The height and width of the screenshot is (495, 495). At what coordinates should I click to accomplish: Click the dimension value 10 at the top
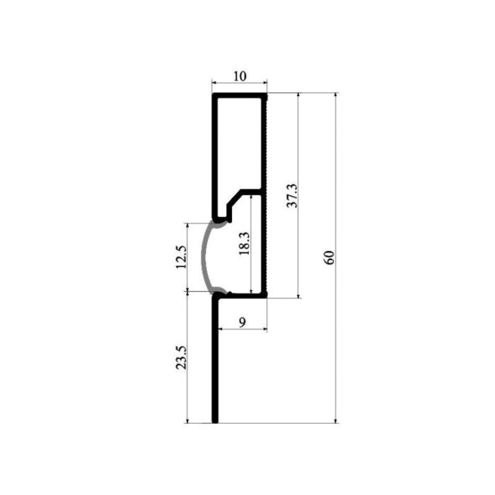pyautogui.click(x=240, y=76)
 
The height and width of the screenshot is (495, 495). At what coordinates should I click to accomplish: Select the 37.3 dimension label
pyautogui.click(x=292, y=195)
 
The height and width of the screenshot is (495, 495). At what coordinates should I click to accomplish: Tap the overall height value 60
pyautogui.click(x=329, y=257)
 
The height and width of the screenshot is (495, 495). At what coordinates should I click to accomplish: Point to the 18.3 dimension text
pyautogui.click(x=245, y=243)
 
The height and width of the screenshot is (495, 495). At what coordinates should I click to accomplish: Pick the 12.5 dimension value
pyautogui.click(x=181, y=257)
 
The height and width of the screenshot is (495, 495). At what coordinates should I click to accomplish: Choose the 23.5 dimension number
pyautogui.click(x=181, y=357)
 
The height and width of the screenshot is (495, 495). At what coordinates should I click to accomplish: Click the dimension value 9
pyautogui.click(x=242, y=322)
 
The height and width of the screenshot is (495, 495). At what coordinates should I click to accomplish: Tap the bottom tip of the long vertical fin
pyautogui.click(x=215, y=421)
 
